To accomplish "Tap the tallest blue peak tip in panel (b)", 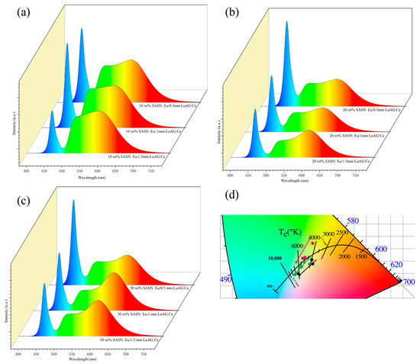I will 286,23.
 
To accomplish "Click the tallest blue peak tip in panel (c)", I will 73,201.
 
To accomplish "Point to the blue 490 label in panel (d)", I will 226,279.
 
